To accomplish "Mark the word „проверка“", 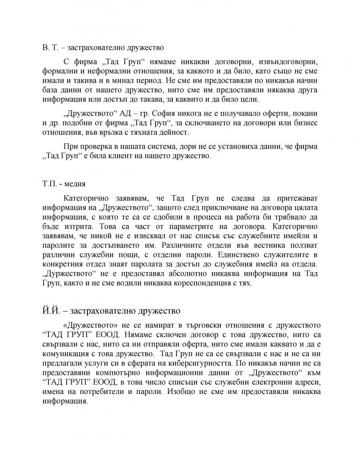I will point(94,147).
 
